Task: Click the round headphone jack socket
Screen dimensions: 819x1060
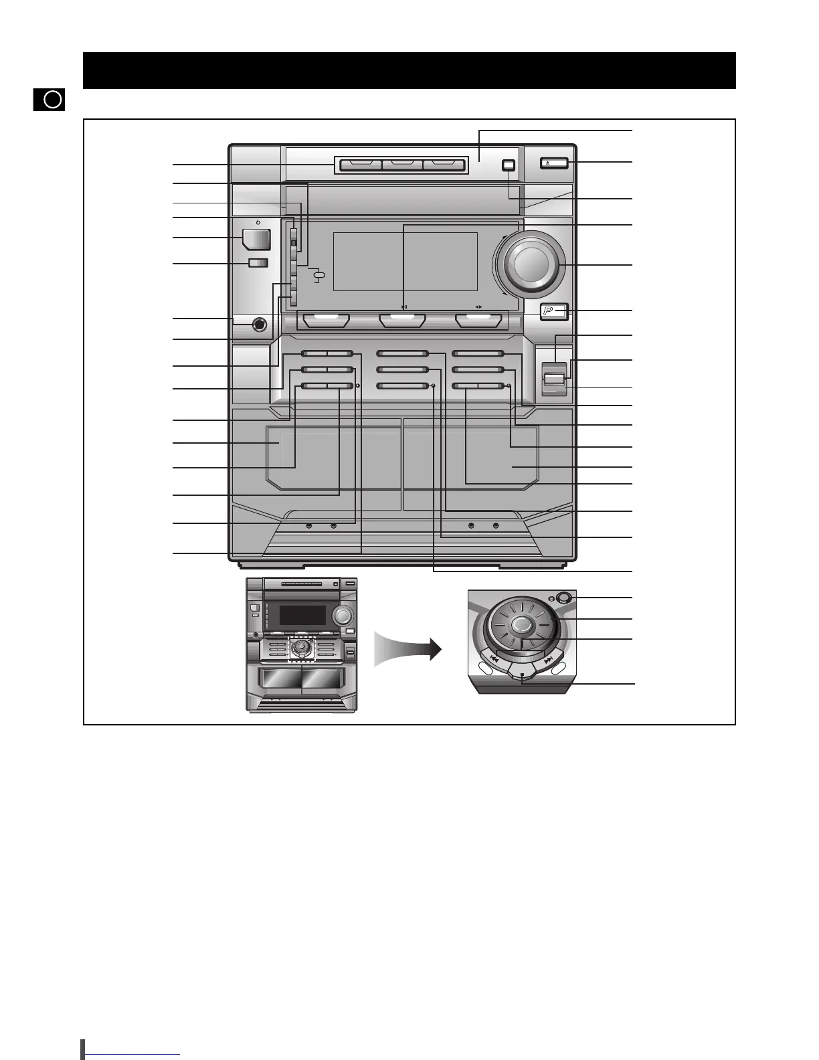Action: tap(259, 326)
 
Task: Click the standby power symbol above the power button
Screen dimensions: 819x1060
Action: tap(258, 222)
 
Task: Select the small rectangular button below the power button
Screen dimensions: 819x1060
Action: tap(258, 263)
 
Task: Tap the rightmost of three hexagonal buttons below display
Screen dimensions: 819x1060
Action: tap(478, 321)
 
